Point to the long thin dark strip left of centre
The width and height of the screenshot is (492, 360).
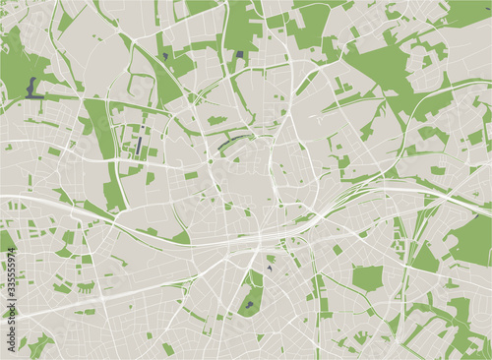[x=139, y=148]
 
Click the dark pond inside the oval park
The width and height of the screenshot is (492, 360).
[x=248, y=306]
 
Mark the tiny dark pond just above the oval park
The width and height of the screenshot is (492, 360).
[x=268, y=269]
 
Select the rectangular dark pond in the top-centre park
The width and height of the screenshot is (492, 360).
[x=239, y=56]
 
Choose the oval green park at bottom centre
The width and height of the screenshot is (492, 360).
[x=253, y=294]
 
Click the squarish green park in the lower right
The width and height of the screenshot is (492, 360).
[x=367, y=277]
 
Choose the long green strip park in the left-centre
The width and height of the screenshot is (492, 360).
[x=104, y=148]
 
